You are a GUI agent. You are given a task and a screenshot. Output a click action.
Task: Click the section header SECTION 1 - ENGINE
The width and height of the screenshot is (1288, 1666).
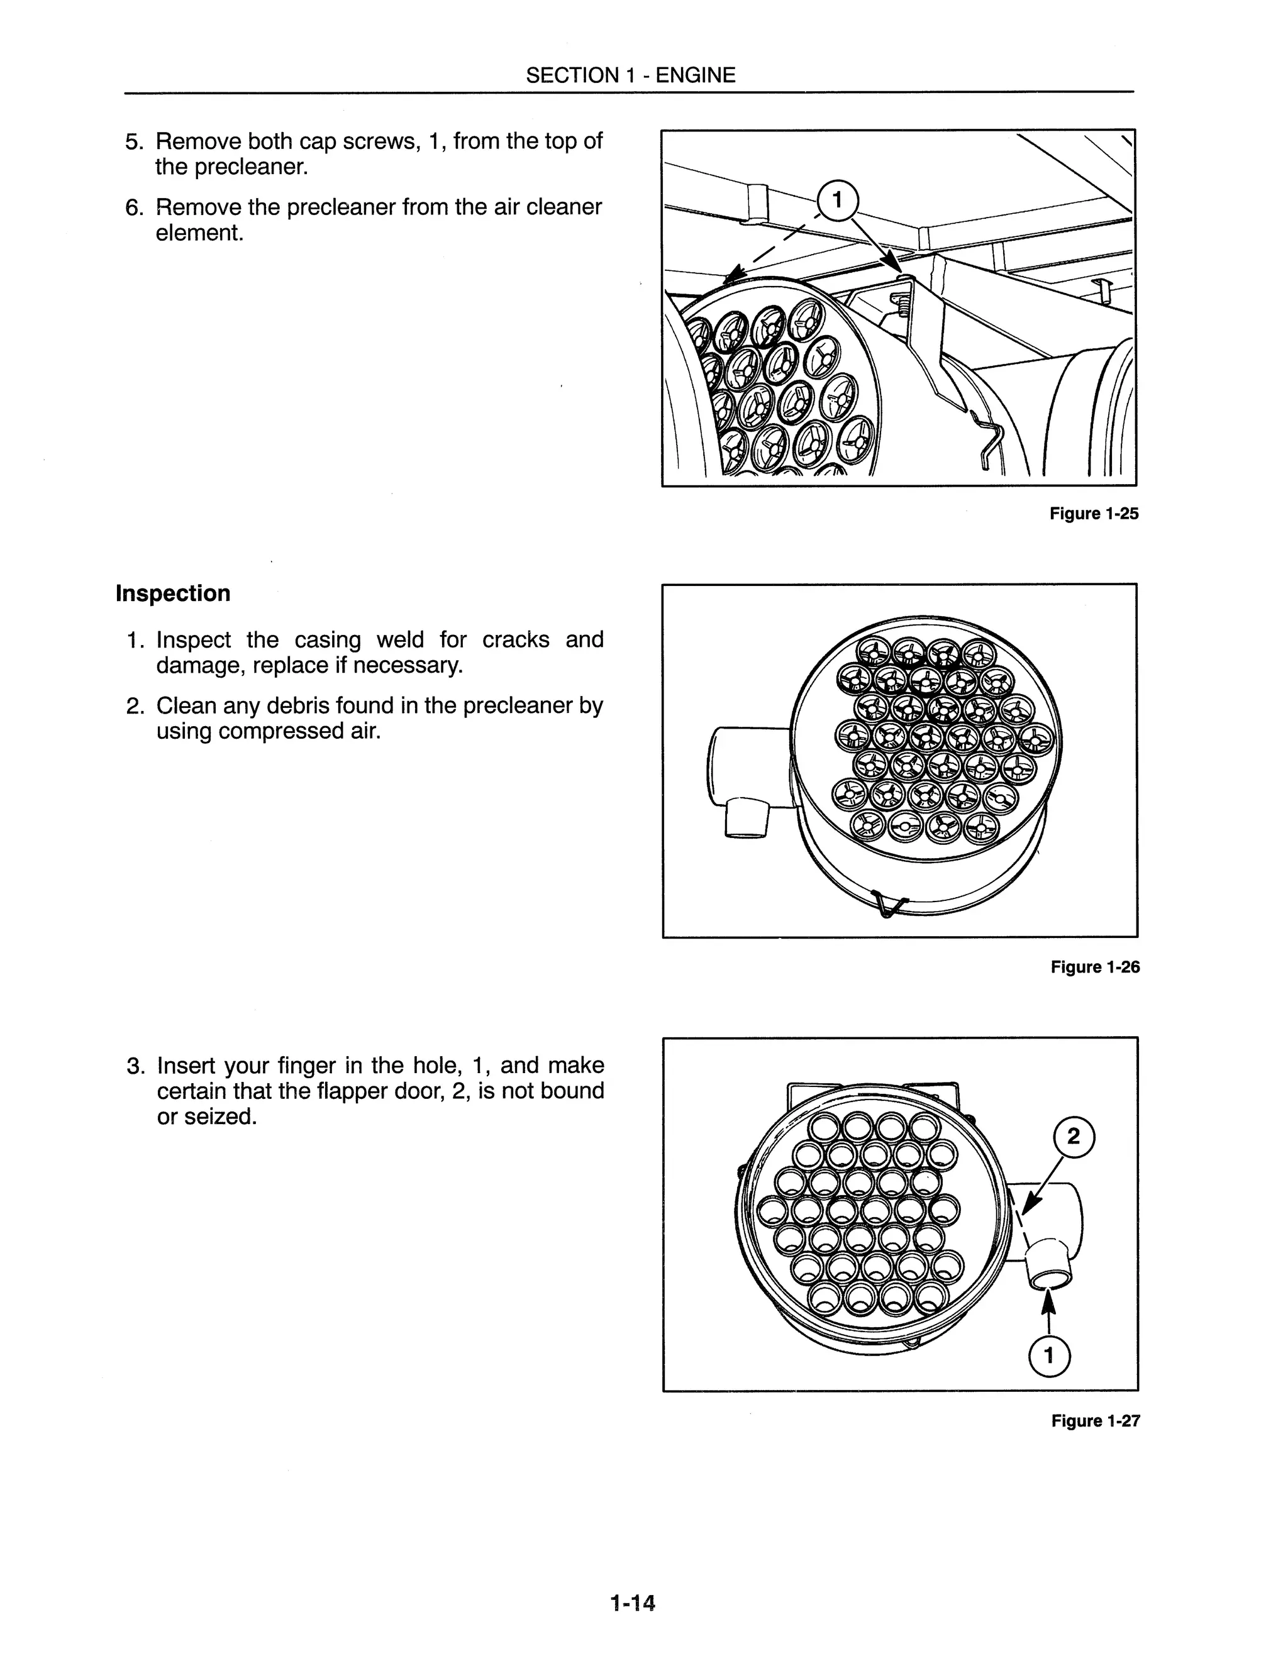click(630, 75)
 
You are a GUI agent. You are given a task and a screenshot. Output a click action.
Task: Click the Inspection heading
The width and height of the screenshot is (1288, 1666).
click(172, 593)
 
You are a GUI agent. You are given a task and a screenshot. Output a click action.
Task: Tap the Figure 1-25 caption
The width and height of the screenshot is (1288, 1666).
click(1094, 514)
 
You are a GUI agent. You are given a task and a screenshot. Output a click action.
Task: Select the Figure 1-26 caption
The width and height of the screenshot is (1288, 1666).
click(1094, 968)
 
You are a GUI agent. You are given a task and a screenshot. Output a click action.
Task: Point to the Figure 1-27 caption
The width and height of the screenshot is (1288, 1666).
click(1095, 1421)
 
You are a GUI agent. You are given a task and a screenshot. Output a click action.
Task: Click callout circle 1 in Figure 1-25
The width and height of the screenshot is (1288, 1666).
click(837, 201)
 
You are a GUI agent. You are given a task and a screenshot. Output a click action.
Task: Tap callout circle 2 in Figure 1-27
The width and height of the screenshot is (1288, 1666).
click(1073, 1137)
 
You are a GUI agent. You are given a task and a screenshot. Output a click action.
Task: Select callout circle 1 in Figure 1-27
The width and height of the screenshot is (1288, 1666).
click(1048, 1356)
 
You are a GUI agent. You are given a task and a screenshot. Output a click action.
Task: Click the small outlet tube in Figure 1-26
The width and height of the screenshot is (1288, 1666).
click(745, 818)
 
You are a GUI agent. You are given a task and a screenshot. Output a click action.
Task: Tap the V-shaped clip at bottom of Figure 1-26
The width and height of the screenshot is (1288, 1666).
click(888, 905)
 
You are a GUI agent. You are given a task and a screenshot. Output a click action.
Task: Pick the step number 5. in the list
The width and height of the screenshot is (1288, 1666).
click(135, 142)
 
